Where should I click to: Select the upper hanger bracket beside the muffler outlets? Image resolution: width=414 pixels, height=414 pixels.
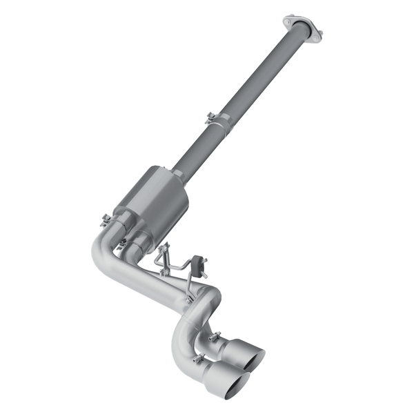point(164,255)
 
